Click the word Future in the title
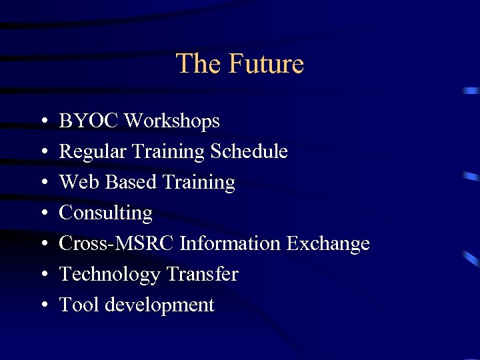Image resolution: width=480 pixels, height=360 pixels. (x=266, y=64)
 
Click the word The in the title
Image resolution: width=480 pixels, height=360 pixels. (x=199, y=64)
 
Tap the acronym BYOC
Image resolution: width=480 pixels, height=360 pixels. (x=89, y=121)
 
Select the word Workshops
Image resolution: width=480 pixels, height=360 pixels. (x=172, y=121)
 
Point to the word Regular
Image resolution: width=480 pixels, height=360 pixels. (x=93, y=152)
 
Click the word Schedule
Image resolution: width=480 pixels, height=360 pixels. (x=249, y=152)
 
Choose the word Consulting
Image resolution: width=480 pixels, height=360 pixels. (x=105, y=214)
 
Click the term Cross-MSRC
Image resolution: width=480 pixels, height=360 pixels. (x=117, y=244)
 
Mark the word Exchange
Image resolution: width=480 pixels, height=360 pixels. (x=328, y=244)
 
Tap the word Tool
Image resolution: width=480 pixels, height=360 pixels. (x=79, y=305)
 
